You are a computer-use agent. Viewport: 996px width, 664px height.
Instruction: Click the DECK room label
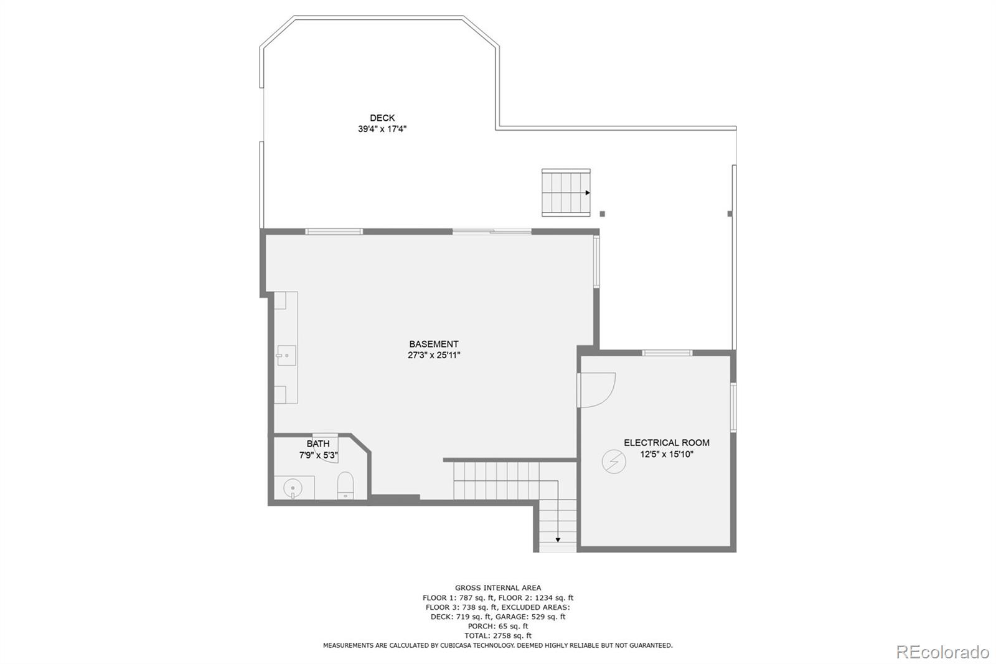click(x=382, y=118)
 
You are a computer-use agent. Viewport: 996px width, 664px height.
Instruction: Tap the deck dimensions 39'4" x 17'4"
click(x=382, y=130)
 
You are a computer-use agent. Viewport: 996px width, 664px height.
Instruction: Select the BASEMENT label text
click(x=434, y=344)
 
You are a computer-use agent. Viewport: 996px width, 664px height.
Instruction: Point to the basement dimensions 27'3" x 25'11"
click(x=434, y=356)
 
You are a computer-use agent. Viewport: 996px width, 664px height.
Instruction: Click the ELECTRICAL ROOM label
click(x=667, y=443)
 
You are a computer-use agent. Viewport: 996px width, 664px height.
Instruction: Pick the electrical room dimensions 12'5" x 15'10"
click(x=667, y=455)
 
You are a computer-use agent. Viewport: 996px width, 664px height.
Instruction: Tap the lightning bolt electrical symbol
click(x=614, y=462)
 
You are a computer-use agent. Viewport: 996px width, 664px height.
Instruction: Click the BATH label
click(x=318, y=443)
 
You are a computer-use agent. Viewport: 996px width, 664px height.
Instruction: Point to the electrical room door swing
click(x=598, y=389)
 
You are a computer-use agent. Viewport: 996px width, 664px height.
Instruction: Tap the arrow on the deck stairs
click(x=587, y=193)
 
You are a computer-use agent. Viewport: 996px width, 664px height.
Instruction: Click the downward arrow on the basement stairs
click(x=558, y=539)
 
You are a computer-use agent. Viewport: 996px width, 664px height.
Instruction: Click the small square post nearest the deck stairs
click(x=602, y=214)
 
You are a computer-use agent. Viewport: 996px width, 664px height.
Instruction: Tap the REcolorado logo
click(x=942, y=652)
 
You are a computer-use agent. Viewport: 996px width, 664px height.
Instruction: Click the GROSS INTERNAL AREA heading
click(x=498, y=587)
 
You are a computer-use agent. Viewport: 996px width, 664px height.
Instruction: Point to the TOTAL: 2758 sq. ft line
click(x=498, y=636)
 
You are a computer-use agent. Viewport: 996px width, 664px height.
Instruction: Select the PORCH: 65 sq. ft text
click(x=498, y=626)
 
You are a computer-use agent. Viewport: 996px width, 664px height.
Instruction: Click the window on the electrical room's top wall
click(x=667, y=353)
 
